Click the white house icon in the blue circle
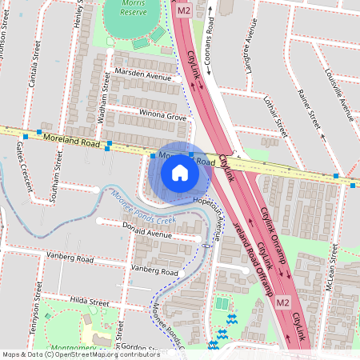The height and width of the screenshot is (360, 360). (x=179, y=172)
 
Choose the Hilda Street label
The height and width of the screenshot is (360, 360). (x=88, y=303)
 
